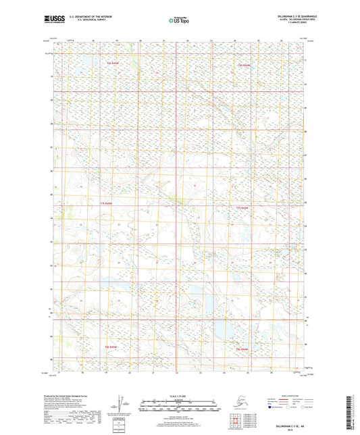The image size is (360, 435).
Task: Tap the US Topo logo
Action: click(178, 21)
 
